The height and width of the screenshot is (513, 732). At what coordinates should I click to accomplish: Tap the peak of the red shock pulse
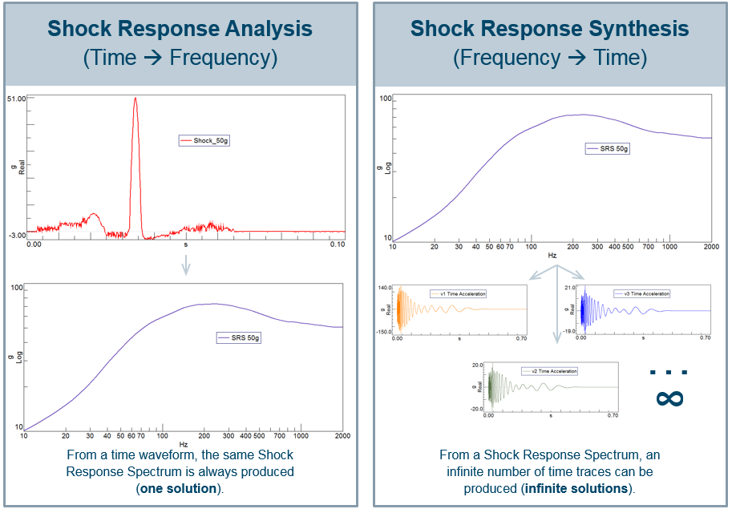point(135,99)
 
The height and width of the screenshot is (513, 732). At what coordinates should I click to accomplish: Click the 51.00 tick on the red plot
point(17,99)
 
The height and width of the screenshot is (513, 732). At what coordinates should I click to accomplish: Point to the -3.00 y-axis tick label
point(16,236)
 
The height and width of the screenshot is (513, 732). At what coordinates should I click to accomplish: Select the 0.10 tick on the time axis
point(338,244)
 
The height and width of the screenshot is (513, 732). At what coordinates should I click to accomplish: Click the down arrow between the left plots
point(185,265)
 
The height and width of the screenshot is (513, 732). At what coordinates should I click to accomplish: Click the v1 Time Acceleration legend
point(458,294)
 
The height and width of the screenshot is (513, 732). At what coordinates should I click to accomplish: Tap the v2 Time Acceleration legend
point(549,371)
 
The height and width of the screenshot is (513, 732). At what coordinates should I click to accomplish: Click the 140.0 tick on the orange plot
point(384,288)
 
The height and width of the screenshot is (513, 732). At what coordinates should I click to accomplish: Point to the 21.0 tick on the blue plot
point(571,288)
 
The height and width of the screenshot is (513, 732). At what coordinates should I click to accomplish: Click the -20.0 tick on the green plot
point(477,408)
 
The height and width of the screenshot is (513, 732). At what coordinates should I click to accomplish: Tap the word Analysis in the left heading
point(266,29)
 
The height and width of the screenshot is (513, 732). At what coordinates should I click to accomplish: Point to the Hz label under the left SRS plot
point(184,444)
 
